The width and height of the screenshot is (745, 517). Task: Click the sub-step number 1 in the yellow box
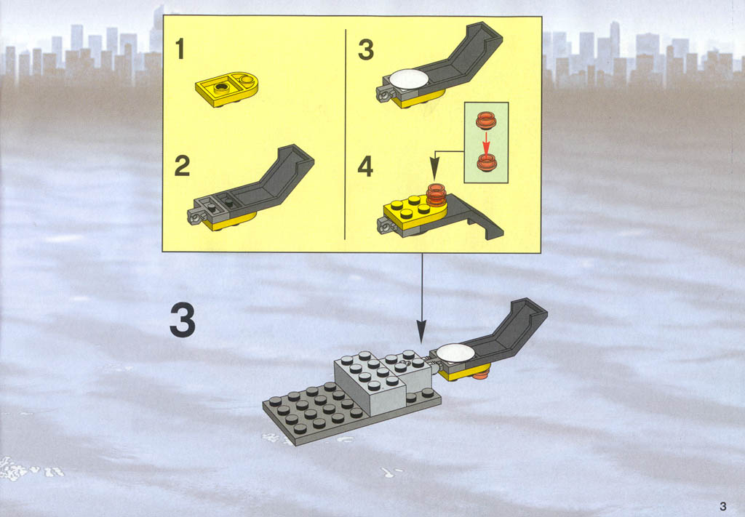click(180, 49)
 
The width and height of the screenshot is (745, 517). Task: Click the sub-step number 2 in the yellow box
click(183, 166)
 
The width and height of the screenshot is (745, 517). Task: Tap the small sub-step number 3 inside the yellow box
click(366, 49)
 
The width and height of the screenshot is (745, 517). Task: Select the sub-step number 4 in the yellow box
click(365, 167)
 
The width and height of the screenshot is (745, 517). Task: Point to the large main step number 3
click(183, 321)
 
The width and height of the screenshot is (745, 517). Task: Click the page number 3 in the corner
click(723, 505)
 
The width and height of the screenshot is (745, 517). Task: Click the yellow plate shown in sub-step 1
click(227, 89)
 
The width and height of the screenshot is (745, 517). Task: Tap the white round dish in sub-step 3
click(409, 79)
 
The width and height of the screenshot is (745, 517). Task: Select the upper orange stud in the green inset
click(486, 120)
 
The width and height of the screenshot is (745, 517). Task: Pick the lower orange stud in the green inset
click(487, 162)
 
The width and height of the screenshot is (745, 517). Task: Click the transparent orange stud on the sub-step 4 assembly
click(437, 195)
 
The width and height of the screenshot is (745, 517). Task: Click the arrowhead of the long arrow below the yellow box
click(421, 332)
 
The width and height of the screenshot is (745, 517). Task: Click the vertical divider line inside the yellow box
click(346, 135)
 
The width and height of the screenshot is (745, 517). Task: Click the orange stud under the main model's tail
click(481, 377)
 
